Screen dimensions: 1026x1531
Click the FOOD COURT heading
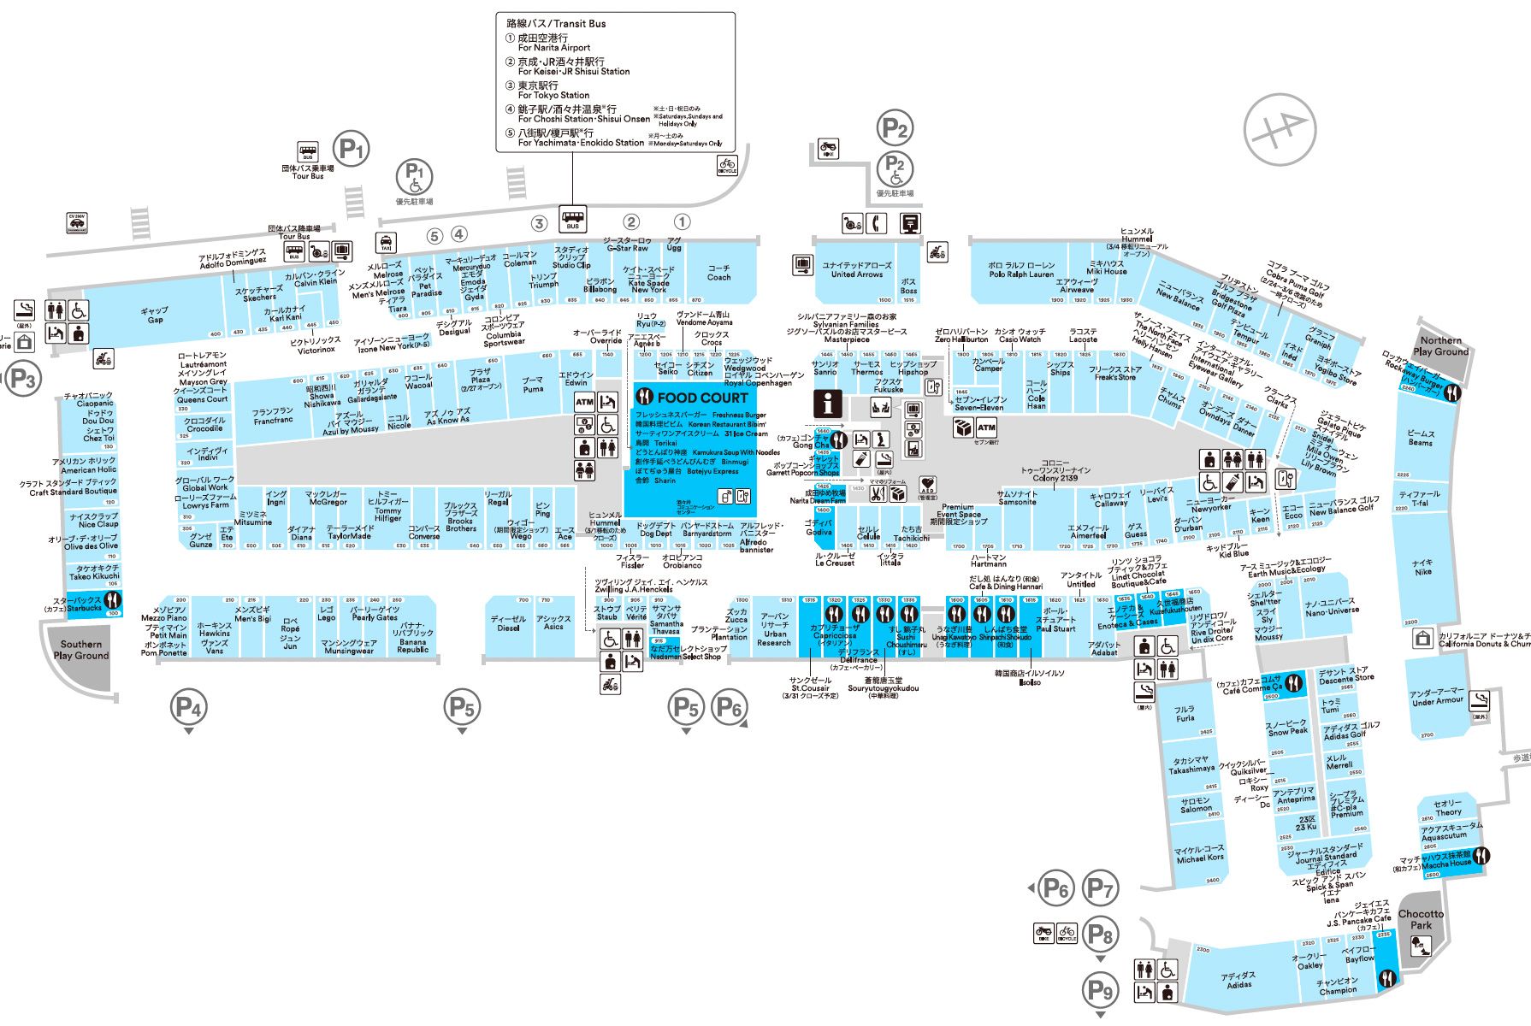coord(702,398)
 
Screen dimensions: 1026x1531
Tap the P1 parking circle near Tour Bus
coord(350,150)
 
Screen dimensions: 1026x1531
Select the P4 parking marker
coord(188,707)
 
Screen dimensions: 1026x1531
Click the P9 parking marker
coord(1101,990)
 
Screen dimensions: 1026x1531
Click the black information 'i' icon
coord(827,403)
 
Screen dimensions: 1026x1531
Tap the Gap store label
coord(155,315)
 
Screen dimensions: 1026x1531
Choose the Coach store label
coord(718,273)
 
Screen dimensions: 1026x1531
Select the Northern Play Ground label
coord(1440,346)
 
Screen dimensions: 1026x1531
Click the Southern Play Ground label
coord(81,650)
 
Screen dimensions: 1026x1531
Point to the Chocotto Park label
coord(1421,919)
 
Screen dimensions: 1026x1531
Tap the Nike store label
coord(1422,567)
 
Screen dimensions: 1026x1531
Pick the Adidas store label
coord(1239,980)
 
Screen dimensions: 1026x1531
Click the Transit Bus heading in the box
coord(556,24)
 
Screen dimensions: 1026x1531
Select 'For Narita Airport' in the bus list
coord(553,48)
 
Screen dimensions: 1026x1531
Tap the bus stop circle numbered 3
coord(539,223)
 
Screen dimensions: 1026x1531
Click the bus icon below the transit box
coord(572,219)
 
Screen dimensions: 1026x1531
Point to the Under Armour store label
coord(1437,697)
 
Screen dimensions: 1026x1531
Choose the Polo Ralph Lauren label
coord(1021,270)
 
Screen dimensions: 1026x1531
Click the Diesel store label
coord(509,623)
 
